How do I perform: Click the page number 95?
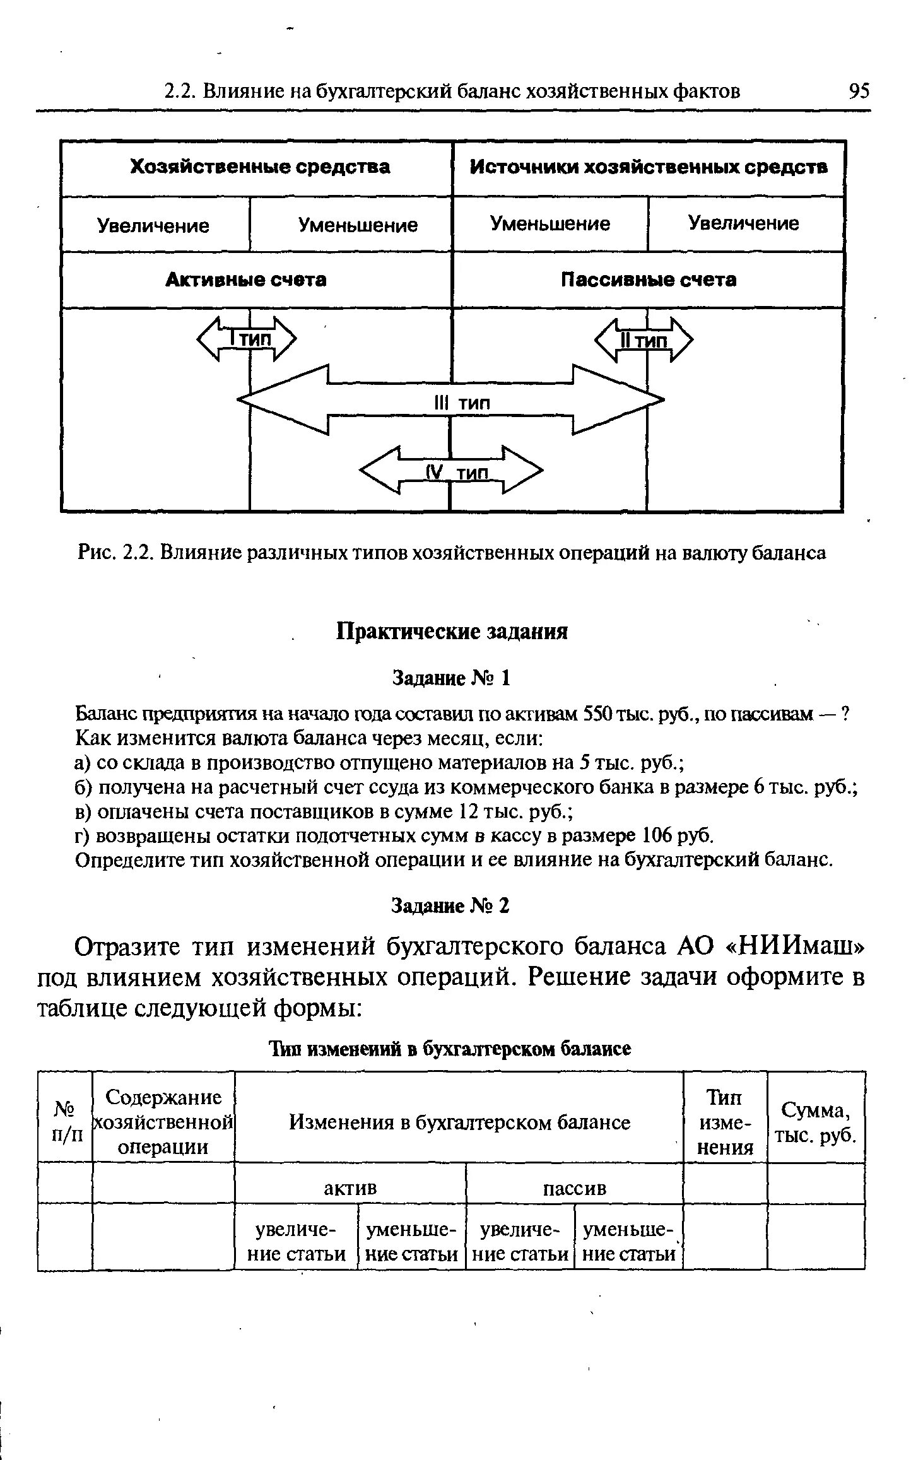[x=859, y=92]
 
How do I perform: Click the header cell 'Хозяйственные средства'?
[x=259, y=167]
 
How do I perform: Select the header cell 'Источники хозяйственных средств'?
[x=648, y=167]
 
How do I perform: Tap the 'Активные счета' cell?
[x=246, y=280]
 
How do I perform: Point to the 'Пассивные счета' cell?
[x=648, y=280]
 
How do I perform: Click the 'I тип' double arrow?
[x=247, y=339]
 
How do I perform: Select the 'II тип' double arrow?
[x=644, y=341]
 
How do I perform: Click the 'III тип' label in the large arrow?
[x=462, y=403]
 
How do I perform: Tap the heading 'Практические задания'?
[x=452, y=631]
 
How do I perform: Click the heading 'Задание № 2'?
[x=450, y=906]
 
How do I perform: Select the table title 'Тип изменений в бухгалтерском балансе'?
[x=450, y=1048]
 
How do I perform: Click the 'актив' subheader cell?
[x=350, y=1188]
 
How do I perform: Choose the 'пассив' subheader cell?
[x=574, y=1188]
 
